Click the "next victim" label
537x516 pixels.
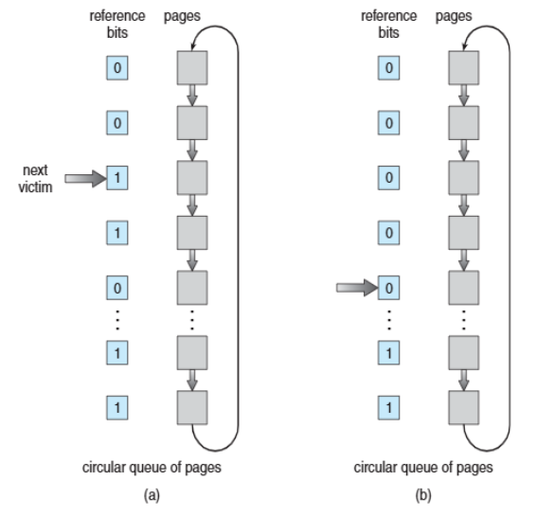[35, 179]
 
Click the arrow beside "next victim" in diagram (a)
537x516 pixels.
[85, 178]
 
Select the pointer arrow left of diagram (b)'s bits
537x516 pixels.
[357, 288]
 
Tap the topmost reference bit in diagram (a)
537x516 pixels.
[117, 68]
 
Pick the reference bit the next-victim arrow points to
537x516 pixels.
[117, 178]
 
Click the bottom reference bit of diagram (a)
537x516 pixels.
[117, 408]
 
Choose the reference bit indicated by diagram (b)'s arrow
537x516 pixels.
[388, 288]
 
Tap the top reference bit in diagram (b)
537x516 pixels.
[388, 68]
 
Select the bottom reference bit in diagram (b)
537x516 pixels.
[388, 408]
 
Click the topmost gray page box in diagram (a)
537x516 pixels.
[192, 68]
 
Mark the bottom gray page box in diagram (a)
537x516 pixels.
[192, 408]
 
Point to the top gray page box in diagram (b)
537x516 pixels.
[464, 68]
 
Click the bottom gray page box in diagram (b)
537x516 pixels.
[464, 408]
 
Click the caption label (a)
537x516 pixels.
[152, 495]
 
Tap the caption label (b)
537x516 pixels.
[423, 495]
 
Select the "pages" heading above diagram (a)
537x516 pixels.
[182, 16]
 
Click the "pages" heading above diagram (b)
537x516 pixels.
[454, 16]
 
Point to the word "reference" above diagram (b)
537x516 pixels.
[388, 16]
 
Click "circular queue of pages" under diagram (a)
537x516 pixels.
[152, 468]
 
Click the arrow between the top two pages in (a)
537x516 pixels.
[192, 96]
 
